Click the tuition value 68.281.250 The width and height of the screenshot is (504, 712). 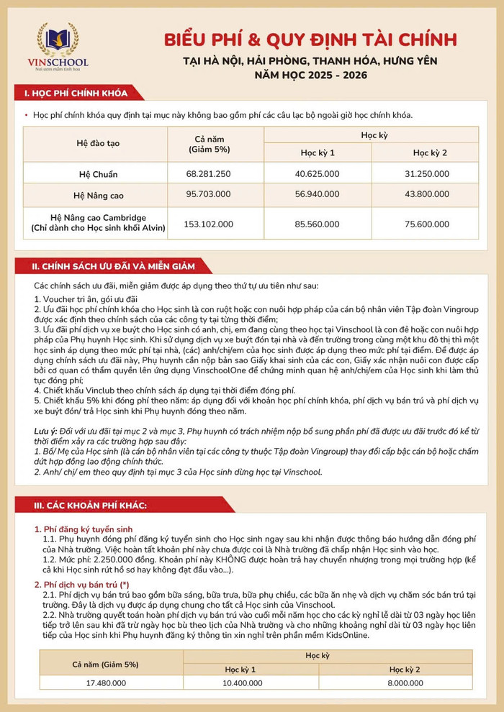[x=208, y=174]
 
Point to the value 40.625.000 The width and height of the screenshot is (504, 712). [x=318, y=174]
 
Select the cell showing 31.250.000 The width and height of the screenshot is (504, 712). [x=430, y=174]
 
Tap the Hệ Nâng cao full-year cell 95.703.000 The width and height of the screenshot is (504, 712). [x=208, y=194]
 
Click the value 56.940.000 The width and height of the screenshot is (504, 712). [x=318, y=194]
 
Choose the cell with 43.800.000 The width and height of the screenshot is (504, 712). [x=430, y=194]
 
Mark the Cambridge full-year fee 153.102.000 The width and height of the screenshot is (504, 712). [x=208, y=224]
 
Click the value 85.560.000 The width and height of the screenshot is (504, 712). [x=318, y=224]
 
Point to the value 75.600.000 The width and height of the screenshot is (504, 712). [x=430, y=224]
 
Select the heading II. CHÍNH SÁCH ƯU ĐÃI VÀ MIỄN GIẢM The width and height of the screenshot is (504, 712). [x=113, y=266]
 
